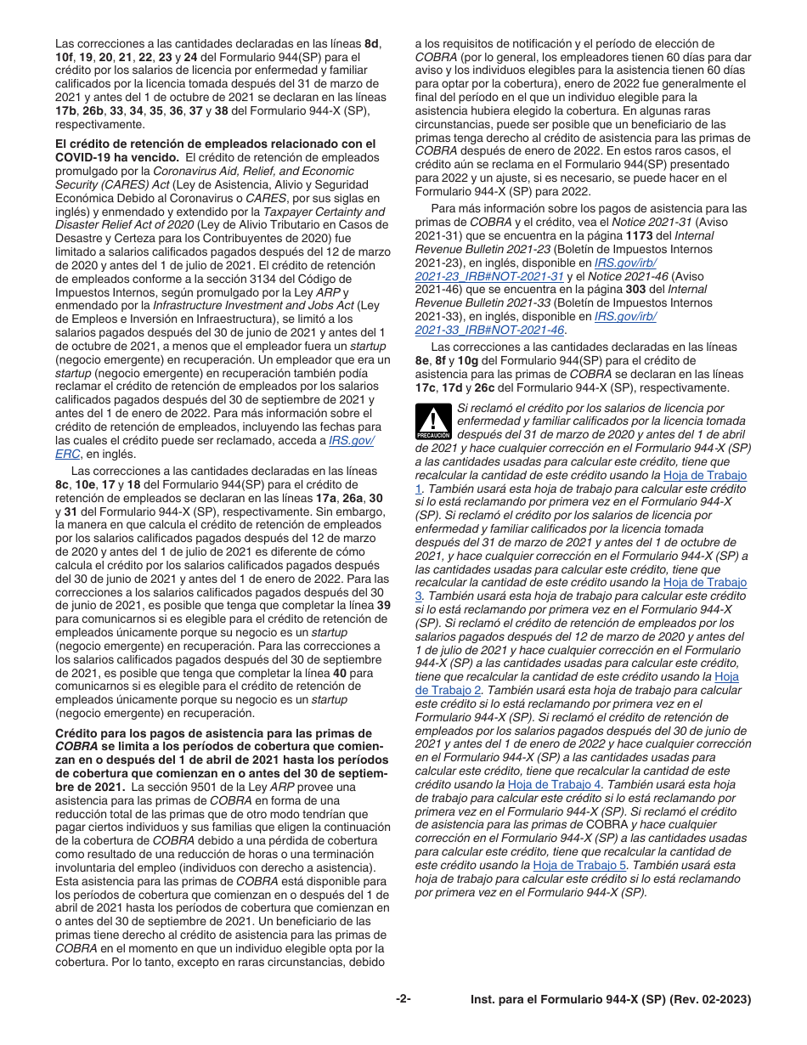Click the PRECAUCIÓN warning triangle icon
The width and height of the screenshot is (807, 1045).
[x=432, y=421]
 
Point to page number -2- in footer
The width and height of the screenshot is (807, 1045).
[x=403, y=999]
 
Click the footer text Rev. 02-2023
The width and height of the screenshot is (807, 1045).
[x=714, y=1000]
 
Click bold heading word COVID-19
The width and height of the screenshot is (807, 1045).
[x=86, y=157]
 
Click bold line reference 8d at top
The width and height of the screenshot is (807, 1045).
[x=372, y=43]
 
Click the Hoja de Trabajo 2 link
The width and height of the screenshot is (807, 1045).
[x=726, y=676]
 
